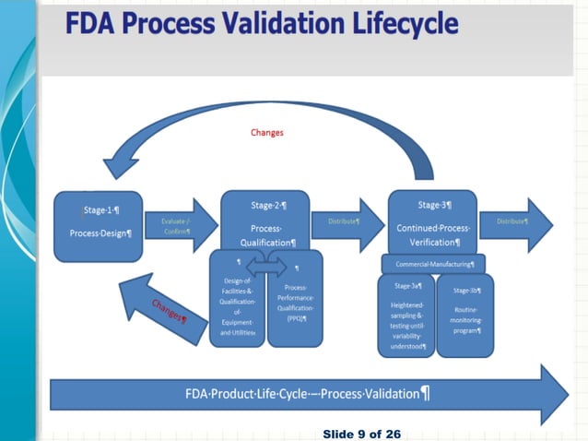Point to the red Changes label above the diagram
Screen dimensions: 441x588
(x=267, y=132)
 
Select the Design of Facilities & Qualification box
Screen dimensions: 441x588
(x=237, y=300)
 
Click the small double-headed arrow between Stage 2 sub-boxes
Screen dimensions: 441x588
(x=265, y=267)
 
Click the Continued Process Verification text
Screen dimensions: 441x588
(x=432, y=234)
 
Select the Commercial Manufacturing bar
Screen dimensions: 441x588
(x=432, y=264)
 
